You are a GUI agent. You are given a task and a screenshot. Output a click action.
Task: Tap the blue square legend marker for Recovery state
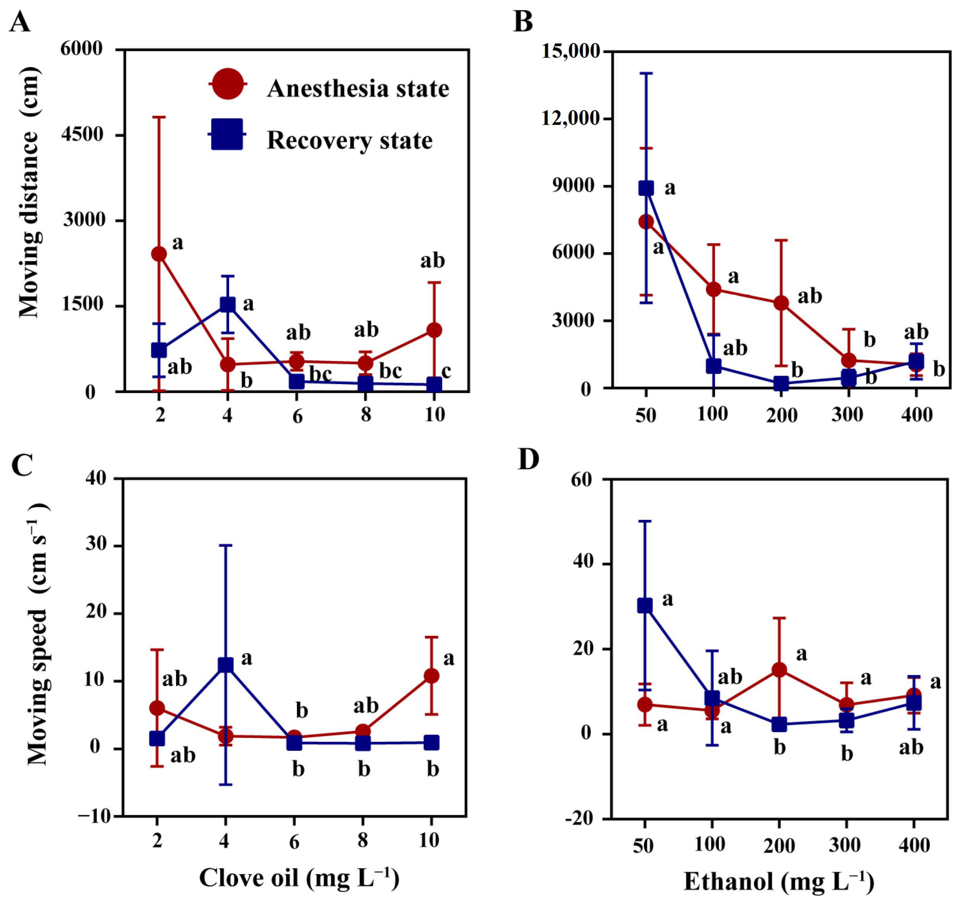[x=227, y=134]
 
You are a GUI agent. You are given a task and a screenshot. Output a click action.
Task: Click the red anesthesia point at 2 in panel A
[x=159, y=254]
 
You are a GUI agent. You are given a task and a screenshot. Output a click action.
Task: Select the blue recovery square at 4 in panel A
[x=228, y=305]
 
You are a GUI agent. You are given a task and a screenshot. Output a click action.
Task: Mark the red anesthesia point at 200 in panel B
[x=781, y=303]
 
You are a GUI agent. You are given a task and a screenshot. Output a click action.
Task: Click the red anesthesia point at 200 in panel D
[x=779, y=670]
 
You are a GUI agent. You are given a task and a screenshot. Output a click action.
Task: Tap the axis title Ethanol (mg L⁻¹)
[x=779, y=881]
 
